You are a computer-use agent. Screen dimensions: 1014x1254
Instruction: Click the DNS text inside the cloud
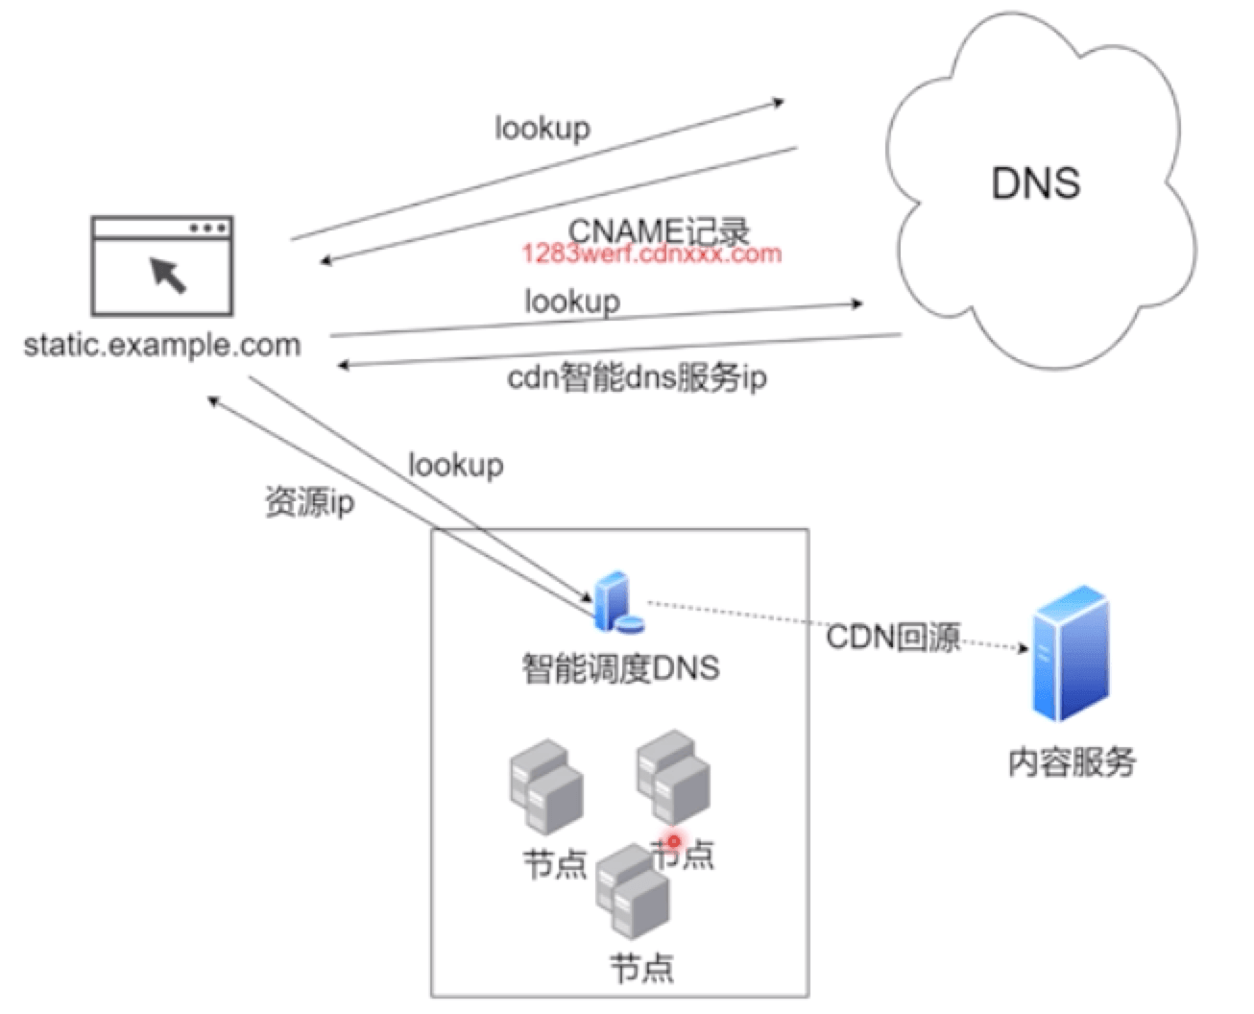click(1035, 182)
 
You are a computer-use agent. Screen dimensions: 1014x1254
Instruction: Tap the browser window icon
click(161, 267)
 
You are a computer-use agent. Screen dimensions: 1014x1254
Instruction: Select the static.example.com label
click(161, 345)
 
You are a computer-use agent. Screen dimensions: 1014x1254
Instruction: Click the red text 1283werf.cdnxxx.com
click(652, 253)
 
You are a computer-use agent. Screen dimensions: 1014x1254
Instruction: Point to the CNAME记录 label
click(659, 230)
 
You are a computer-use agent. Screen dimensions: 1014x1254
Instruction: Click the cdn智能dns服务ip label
click(637, 377)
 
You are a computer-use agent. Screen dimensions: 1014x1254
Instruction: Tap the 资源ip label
click(309, 501)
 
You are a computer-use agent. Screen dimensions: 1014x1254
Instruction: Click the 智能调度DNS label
click(620, 667)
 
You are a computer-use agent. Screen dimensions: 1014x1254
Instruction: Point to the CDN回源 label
click(893, 636)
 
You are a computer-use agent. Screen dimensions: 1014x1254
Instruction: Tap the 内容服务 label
click(1072, 761)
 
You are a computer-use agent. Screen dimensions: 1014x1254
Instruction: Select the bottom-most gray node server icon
click(632, 891)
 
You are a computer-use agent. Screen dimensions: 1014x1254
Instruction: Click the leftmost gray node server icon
click(545, 784)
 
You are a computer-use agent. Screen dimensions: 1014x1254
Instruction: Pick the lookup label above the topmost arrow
click(543, 128)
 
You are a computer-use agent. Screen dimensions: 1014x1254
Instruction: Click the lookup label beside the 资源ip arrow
click(455, 465)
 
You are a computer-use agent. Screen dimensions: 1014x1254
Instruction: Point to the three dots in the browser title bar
click(208, 229)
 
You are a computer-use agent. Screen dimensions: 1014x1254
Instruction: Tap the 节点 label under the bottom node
click(641, 968)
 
